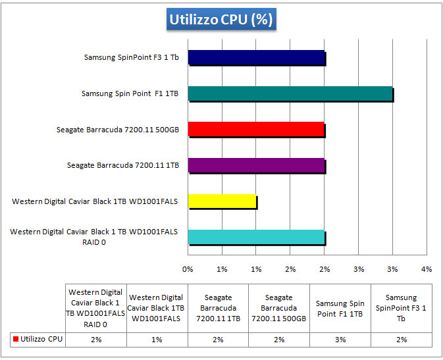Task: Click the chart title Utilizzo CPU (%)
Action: [221, 20]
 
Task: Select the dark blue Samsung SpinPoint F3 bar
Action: [257, 57]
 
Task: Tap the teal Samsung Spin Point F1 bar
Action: [290, 93]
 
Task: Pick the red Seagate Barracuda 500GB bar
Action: [256, 129]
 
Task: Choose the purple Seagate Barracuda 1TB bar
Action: [257, 165]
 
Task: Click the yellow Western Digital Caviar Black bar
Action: [222, 201]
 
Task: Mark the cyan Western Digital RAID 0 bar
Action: [257, 237]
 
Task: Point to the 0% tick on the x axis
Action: [188, 269]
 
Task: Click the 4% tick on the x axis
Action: [427, 269]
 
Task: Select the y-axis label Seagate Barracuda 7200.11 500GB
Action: [117, 130]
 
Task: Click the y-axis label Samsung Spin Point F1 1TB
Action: [130, 93]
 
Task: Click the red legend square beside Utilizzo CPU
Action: [15, 340]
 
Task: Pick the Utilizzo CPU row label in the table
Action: [41, 340]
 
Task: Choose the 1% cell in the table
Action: [157, 340]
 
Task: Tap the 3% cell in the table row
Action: [340, 340]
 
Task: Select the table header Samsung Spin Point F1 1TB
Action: [340, 308]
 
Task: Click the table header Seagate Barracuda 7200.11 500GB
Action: [279, 308]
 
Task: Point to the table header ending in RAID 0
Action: [96, 308]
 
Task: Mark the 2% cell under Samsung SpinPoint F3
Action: [402, 340]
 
